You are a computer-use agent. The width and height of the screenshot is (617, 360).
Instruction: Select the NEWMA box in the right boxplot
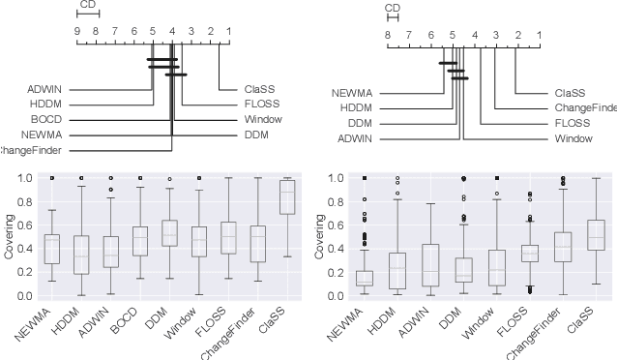[x=364, y=278]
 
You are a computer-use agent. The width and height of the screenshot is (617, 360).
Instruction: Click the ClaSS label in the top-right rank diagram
[x=571, y=94]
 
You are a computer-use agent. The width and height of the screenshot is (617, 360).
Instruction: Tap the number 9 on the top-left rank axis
[x=77, y=31]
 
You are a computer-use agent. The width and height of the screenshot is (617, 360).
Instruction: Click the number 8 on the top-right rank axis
[x=387, y=37]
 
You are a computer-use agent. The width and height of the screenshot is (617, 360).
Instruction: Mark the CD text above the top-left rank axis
[x=87, y=4]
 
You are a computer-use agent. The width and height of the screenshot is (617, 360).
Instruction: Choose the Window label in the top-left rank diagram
[x=260, y=120]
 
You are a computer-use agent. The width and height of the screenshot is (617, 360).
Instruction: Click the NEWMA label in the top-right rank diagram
[x=352, y=94]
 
